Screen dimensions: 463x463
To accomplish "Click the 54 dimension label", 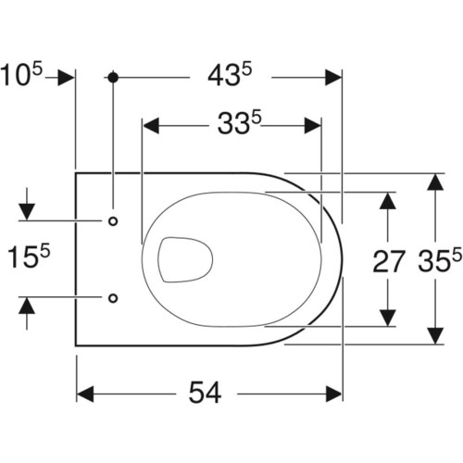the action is [205, 393].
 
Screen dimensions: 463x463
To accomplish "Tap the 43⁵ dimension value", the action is [230, 75].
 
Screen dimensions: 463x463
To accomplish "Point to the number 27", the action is [388, 261].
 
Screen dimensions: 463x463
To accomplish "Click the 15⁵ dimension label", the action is [28, 255].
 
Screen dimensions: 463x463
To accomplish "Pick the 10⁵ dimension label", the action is [21, 74].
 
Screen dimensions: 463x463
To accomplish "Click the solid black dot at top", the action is [113, 77].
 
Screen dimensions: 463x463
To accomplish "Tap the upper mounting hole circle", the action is [113, 221].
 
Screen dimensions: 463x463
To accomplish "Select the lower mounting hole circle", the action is [113, 298].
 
